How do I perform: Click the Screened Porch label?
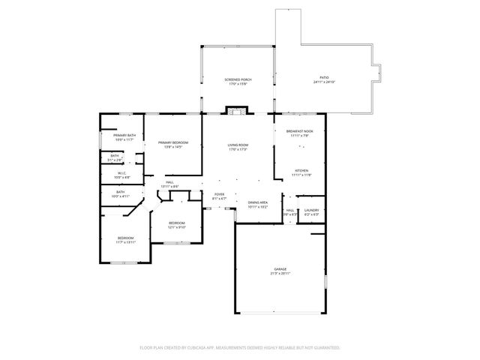(x=238, y=79)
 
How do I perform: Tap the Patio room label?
(x=324, y=77)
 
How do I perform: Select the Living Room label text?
(x=238, y=145)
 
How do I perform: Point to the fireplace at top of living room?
(x=237, y=112)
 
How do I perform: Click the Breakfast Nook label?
(x=300, y=130)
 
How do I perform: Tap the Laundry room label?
(x=311, y=210)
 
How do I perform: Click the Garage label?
(x=280, y=268)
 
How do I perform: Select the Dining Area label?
(x=258, y=202)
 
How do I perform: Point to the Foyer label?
(x=219, y=194)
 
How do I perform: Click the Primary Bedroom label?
(x=172, y=142)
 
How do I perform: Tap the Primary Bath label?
(x=124, y=135)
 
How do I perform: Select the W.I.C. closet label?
(x=121, y=173)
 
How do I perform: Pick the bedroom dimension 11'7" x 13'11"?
(x=124, y=243)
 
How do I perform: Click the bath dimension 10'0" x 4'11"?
(x=121, y=196)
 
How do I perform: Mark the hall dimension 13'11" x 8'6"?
(x=170, y=186)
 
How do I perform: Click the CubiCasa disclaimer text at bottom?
(x=240, y=347)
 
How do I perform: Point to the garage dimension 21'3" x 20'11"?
(x=280, y=273)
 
